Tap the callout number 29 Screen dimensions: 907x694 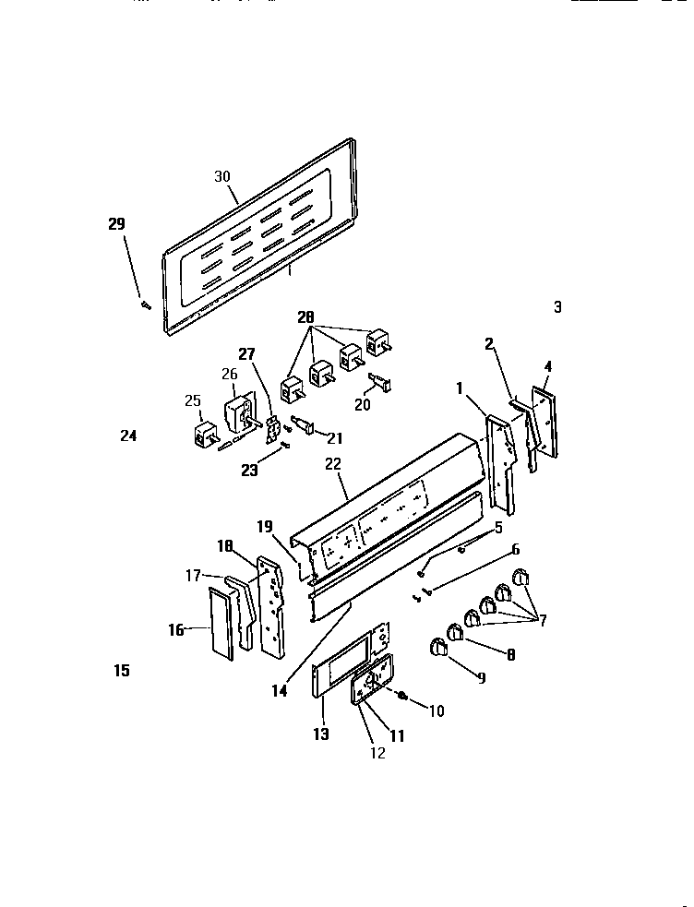(115, 224)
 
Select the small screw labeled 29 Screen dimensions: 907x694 (145, 305)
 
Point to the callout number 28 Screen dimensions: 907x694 (305, 318)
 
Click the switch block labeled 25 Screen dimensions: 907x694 (204, 433)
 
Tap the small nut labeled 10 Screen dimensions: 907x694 (404, 696)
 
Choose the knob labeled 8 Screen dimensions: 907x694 (455, 633)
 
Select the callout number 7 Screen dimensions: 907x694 (542, 621)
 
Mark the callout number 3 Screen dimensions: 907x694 (557, 307)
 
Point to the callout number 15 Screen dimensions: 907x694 (122, 671)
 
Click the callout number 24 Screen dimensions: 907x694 (128, 436)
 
